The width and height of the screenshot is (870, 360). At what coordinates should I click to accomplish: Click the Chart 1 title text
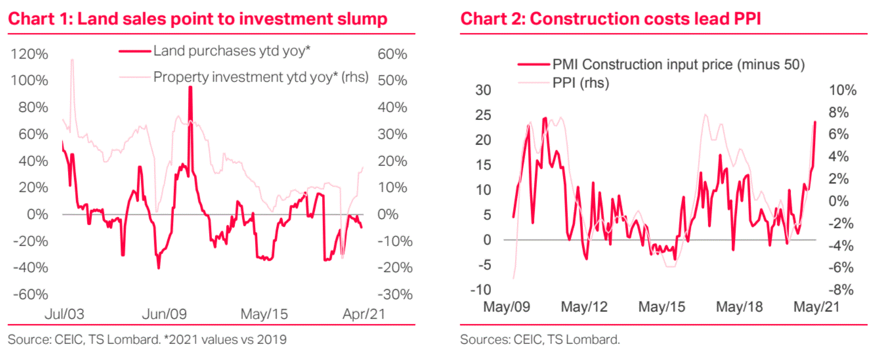click(x=198, y=19)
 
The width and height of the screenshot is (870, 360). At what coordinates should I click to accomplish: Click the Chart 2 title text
click(x=610, y=19)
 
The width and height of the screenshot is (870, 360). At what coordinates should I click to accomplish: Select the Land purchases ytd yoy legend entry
click(x=231, y=51)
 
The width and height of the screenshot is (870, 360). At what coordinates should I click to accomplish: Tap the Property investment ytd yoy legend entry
click(x=261, y=77)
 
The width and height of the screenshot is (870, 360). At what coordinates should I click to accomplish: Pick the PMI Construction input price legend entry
click(x=678, y=65)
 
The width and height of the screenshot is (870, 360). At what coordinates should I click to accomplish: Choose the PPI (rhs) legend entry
click(x=581, y=83)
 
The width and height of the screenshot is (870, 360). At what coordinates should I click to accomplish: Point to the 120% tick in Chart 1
click(x=29, y=54)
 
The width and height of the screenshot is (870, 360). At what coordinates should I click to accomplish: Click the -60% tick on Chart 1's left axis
click(x=30, y=294)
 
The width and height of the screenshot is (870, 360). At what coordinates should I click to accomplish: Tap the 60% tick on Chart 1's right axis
click(x=392, y=54)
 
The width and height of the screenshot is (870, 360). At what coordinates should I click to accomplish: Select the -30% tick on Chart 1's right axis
click(x=395, y=294)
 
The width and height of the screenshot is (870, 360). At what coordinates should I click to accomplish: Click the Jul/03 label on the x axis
click(x=64, y=314)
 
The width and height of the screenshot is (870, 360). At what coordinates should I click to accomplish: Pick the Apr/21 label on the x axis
click(x=363, y=314)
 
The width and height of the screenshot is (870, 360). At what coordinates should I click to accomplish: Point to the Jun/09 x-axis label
click(x=164, y=314)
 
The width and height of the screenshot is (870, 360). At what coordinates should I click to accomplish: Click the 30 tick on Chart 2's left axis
click(x=483, y=90)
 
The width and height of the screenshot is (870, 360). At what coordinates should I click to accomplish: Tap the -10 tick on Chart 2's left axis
click(x=480, y=290)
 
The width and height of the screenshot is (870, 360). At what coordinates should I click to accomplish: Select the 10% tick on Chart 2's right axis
click(x=842, y=90)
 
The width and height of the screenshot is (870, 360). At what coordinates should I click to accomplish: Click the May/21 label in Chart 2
click(x=816, y=307)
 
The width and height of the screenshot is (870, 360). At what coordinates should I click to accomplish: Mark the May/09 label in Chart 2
click(x=506, y=307)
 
